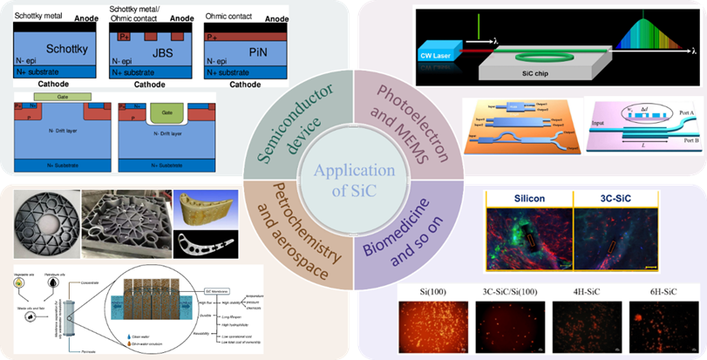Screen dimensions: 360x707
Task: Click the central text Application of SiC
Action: pos(353,180)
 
